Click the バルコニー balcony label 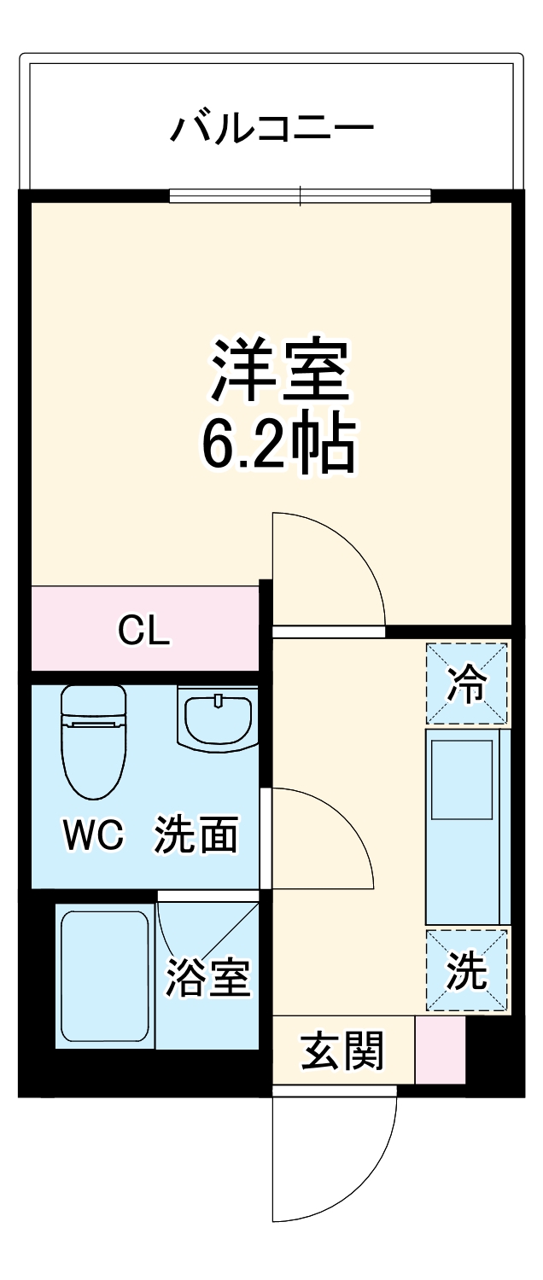[272, 129]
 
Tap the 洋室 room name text [281, 371]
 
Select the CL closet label [144, 632]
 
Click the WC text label [93, 837]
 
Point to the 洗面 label [196, 836]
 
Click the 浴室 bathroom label [208, 978]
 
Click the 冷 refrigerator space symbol [467, 684]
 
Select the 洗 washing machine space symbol [467, 971]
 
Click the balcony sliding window [300, 196]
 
